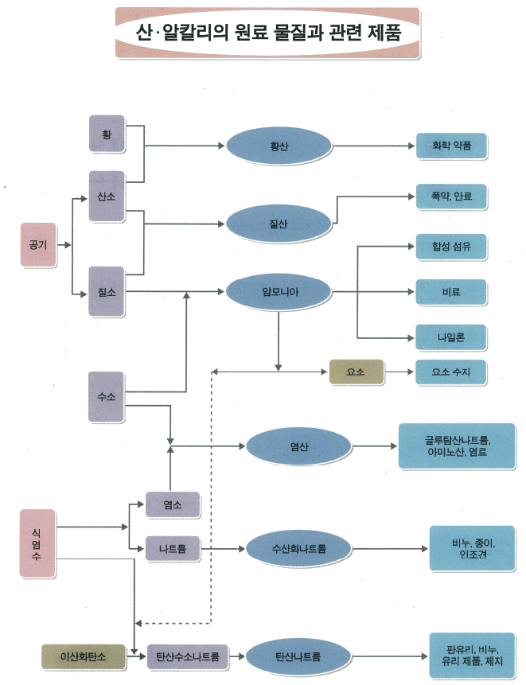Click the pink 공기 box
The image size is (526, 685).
coord(38,243)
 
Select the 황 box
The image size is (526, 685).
coord(107,134)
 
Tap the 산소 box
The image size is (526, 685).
coord(107,197)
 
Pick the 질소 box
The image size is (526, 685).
coord(107,292)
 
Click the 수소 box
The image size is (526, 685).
coord(107,395)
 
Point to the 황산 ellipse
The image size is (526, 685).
coord(279,146)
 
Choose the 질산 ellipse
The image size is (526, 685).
coord(279,224)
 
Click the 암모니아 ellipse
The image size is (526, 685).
coord(279,293)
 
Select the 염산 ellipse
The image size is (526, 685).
coord(299,446)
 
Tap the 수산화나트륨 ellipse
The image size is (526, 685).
coord(299,548)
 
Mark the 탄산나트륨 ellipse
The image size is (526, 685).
coord(298,657)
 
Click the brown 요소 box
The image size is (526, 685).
coord(356,371)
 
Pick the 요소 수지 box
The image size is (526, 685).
coord(451,371)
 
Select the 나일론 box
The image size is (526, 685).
coord(451,337)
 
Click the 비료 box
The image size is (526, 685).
coord(451,292)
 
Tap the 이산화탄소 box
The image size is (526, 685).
coord(83,657)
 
